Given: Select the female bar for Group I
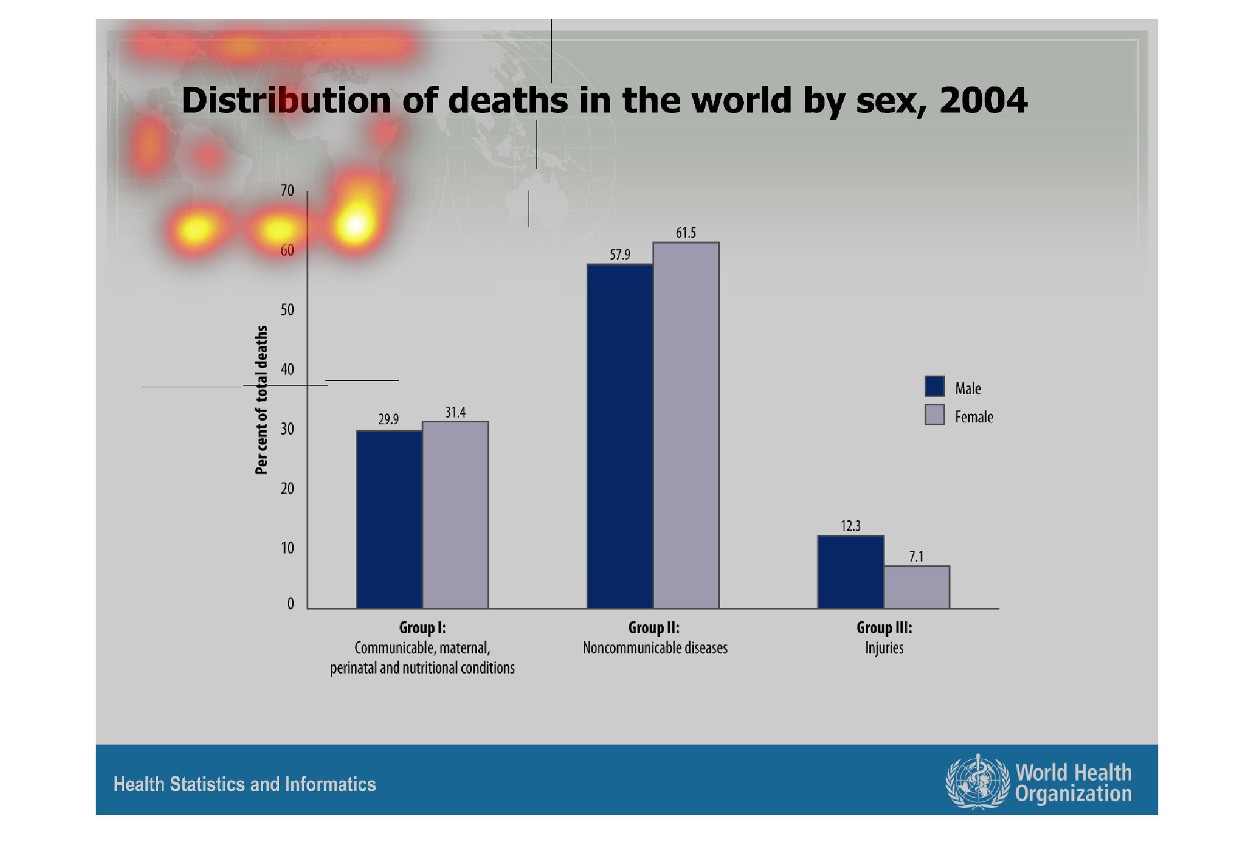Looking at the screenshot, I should (456, 514).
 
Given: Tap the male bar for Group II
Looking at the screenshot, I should (620, 436).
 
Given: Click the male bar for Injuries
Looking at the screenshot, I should (851, 572).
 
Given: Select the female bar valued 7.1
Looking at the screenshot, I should (917, 587).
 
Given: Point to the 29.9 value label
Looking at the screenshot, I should (389, 419).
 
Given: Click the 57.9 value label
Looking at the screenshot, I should (620, 254).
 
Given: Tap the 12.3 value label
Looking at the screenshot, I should (851, 526).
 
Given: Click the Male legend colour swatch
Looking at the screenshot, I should (935, 386).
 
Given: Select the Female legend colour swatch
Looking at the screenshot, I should (935, 414).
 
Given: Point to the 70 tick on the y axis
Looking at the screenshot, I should (287, 191).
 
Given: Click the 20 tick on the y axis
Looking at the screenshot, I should (287, 488).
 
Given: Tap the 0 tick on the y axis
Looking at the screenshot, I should (290, 604).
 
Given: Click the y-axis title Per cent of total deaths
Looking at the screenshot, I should (261, 400).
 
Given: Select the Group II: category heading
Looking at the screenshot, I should (654, 628).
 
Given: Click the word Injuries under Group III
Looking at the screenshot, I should (884, 648).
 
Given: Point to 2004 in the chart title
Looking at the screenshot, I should (983, 100).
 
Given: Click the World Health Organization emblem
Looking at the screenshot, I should (977, 781).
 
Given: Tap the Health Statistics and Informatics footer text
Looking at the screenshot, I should (244, 784).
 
